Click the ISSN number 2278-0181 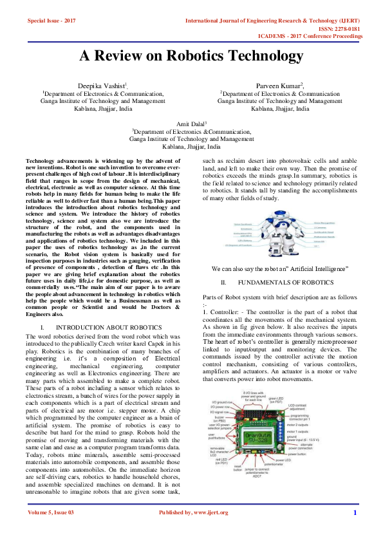click(x=350, y=28)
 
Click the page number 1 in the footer click(x=355, y=530)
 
